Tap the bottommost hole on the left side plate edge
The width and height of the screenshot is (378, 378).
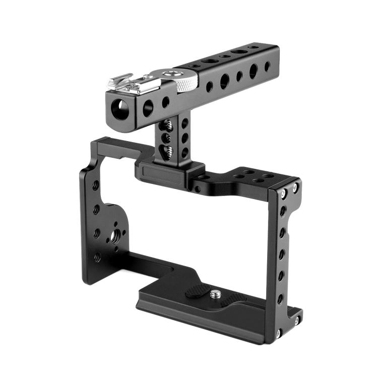point(97,257)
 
